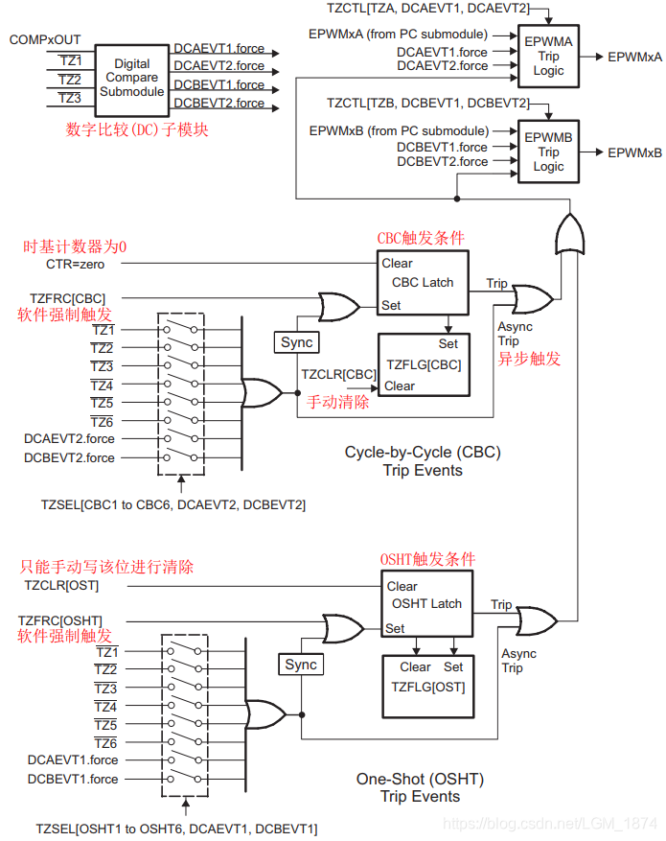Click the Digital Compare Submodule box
132,77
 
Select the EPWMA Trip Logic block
548,57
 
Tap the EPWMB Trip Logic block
548,152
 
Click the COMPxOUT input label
45,39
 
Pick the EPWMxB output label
634,152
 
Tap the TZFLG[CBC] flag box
423,364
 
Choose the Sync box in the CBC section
297,342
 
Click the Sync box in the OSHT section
301,665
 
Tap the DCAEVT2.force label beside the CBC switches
69,438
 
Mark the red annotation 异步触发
529,360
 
